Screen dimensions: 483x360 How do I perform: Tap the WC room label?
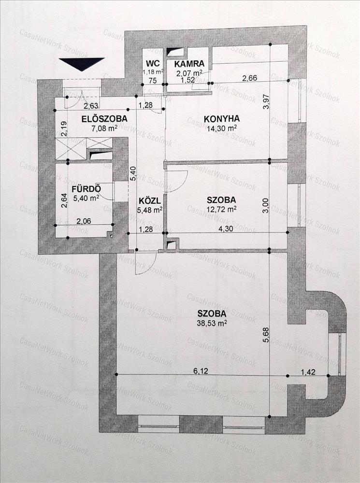click(153, 63)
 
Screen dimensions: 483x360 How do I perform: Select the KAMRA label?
click(189, 64)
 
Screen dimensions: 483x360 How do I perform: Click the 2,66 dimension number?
click(249, 78)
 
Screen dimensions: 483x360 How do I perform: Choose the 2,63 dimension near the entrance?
click(91, 106)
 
